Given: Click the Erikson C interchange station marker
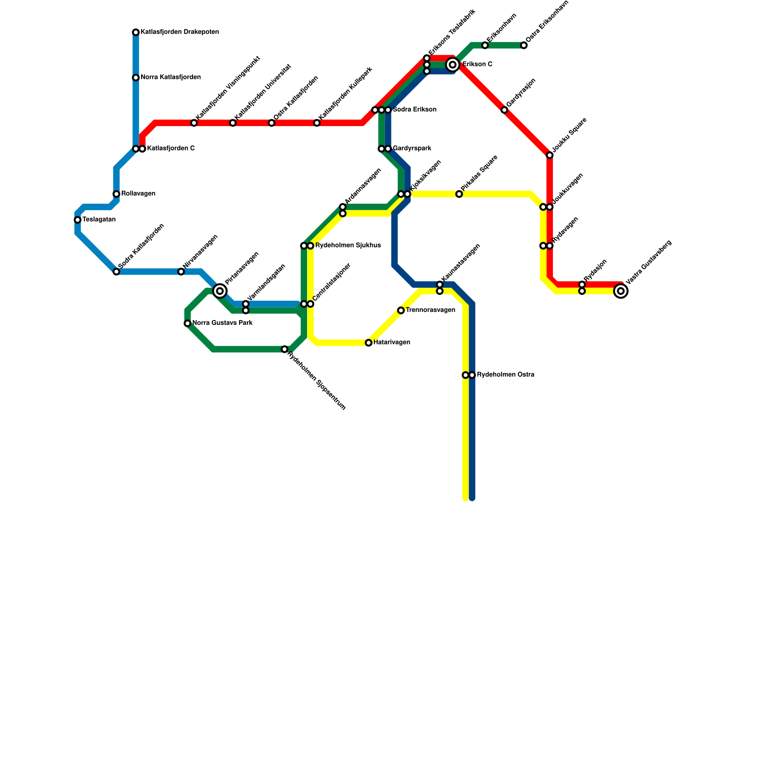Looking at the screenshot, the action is coord(453,65).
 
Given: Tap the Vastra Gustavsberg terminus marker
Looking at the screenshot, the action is coord(620,291).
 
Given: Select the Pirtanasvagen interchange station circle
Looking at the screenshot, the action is coord(220,291).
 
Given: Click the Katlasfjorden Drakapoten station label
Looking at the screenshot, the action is coord(179,32).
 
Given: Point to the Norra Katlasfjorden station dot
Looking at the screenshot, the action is coord(136,78).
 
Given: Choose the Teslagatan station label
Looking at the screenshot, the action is coord(99,220).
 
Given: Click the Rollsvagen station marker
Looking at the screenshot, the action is coord(116,194).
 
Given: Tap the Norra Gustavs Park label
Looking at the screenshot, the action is coord(222,323).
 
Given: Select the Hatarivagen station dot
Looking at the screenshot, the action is coord(369,343).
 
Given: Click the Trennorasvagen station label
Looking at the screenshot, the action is coord(430,310).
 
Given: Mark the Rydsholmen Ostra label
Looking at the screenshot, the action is coord(505,375).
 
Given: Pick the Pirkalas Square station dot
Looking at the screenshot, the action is coord(459,194).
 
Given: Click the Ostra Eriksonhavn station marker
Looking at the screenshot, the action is coord(524,46).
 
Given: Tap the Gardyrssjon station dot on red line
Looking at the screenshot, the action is coord(504,110).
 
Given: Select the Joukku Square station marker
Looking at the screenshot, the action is coord(550,155).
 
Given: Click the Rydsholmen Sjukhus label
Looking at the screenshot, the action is coord(348,245).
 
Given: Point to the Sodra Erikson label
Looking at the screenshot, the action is coord(414,110).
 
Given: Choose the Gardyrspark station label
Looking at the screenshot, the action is coord(412,148).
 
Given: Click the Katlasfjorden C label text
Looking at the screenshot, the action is coord(171,148).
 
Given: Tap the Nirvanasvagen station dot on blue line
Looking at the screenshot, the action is coord(181,272).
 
